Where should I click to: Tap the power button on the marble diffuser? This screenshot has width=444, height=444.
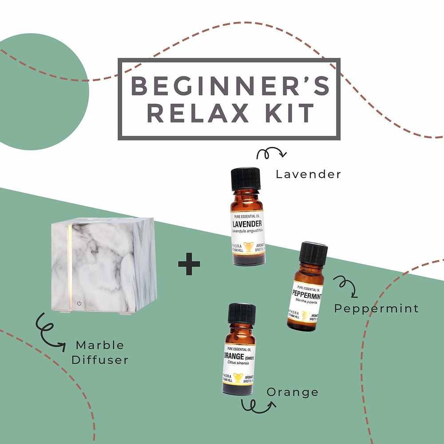click(79, 303)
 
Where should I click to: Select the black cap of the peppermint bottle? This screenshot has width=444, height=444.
click(313, 252)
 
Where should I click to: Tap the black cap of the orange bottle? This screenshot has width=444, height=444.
click(242, 313)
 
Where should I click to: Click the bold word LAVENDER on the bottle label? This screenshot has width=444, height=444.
click(246, 223)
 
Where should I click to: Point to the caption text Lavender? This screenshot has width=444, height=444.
click(308, 174)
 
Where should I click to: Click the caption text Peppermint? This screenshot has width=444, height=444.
click(376, 308)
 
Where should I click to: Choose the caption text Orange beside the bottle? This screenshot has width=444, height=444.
click(292, 392)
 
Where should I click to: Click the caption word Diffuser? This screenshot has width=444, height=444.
click(100, 360)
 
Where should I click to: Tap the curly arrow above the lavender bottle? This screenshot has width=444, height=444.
click(272, 154)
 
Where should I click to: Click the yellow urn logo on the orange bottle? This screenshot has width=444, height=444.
click(238, 378)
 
